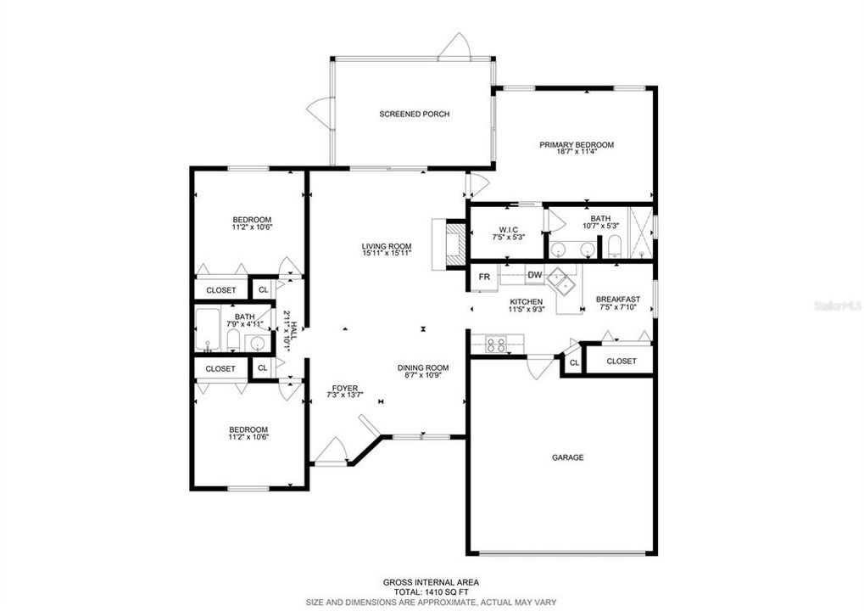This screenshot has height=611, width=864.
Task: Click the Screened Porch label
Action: [x=415, y=115]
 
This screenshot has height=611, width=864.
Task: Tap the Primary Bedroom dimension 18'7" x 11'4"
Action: [x=577, y=152]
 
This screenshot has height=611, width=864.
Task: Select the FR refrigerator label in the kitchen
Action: [x=484, y=277]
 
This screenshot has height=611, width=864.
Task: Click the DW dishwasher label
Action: [x=534, y=275]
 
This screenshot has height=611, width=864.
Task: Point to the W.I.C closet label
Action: [x=508, y=230]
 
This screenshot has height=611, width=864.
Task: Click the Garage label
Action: [x=567, y=457]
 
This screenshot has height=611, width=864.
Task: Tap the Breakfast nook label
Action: [x=618, y=300]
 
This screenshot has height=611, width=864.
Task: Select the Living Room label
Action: [x=387, y=246]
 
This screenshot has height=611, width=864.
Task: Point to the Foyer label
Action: [x=345, y=388]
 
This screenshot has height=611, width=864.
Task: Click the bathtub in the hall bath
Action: [x=208, y=329]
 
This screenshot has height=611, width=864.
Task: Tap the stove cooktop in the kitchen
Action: [x=495, y=345]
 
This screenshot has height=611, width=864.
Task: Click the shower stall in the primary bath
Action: [x=640, y=232]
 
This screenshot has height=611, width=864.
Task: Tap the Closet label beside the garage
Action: [x=621, y=362]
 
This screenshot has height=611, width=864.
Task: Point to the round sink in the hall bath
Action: [x=258, y=344]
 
